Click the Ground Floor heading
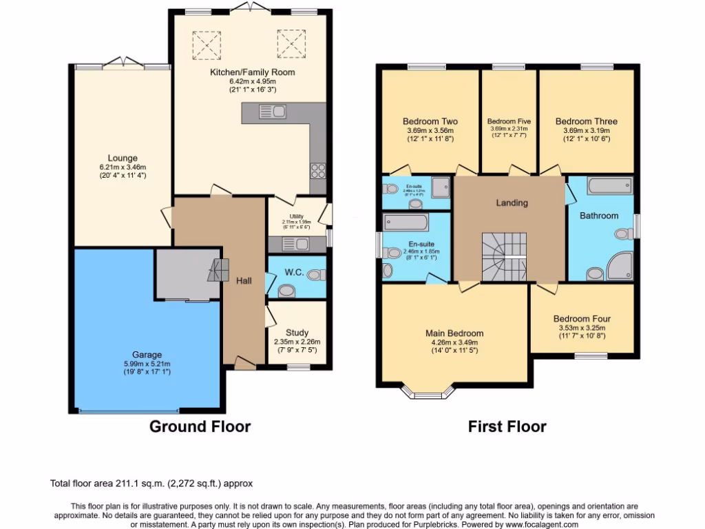coord(200,426)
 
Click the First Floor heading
coord(507,426)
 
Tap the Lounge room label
coord(123,158)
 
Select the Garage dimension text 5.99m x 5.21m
coord(143,364)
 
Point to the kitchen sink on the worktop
coord(273,110)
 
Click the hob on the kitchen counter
coord(317,169)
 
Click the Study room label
coord(297,333)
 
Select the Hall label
coord(244,280)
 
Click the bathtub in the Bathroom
coord(609,185)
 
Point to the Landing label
coord(512,203)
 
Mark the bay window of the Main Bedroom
coord(428,394)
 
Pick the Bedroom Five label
coord(509,121)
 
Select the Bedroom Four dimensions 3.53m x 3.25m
coord(582,328)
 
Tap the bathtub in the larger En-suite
coord(406,221)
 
